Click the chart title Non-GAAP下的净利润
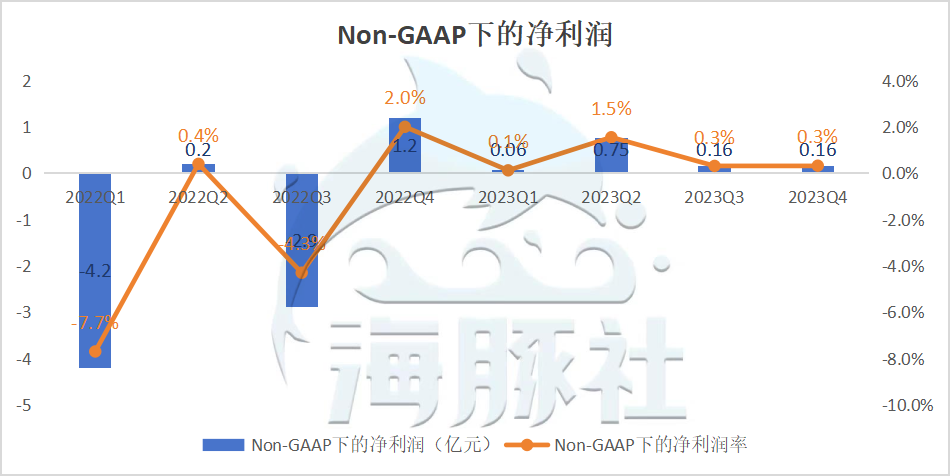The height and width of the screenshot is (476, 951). click(x=474, y=35)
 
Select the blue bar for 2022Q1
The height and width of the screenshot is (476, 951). click(x=95, y=300)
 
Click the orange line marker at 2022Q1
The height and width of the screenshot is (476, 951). click(x=95, y=351)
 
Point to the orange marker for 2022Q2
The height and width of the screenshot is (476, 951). click(x=198, y=164)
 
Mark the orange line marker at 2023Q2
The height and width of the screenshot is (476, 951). click(x=611, y=138)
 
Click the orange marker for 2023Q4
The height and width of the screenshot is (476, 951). click(x=818, y=166)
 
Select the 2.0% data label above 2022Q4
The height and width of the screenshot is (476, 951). click(x=405, y=98)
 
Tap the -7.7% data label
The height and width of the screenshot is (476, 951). click(x=95, y=323)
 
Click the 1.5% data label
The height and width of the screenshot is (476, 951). click(x=611, y=109)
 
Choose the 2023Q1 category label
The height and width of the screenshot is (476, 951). click(x=508, y=198)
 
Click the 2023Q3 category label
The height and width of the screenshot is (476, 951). click(x=714, y=198)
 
